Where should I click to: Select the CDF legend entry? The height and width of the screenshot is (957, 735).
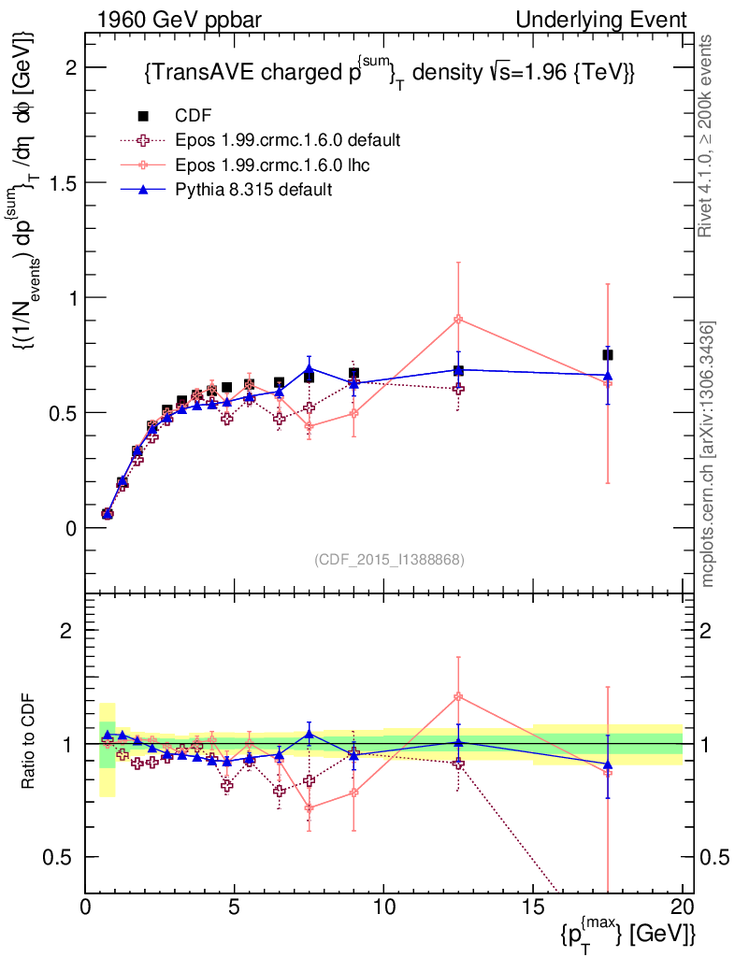(194, 116)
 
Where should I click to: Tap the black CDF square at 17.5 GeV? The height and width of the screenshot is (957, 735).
(608, 355)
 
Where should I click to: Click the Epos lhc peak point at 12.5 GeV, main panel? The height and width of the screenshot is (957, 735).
(458, 320)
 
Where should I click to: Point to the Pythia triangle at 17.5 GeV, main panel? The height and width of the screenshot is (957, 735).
(608, 375)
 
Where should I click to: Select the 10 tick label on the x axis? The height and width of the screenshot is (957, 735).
(383, 907)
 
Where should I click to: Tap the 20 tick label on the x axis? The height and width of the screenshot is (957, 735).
(682, 907)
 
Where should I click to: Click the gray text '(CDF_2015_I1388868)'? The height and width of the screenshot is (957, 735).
(389, 559)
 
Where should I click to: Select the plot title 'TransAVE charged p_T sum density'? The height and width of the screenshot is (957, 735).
(390, 73)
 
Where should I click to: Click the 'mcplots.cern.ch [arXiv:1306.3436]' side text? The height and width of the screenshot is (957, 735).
(708, 454)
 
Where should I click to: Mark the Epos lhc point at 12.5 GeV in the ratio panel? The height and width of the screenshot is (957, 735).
(458, 696)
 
